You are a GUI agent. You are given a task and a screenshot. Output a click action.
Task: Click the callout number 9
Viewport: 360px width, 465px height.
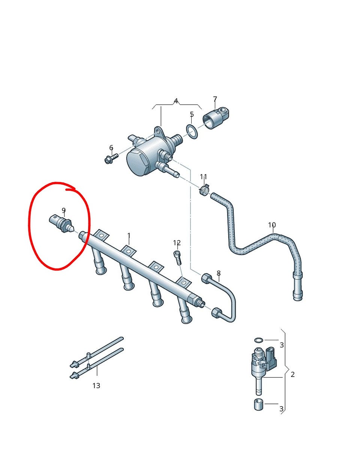tap(64, 210)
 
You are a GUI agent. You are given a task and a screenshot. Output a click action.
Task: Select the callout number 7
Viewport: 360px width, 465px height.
tap(215, 99)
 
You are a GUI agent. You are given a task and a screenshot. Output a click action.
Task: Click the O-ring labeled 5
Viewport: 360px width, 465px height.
tap(192, 131)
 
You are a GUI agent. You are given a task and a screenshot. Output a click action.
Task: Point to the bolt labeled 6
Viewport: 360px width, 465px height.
tap(111, 158)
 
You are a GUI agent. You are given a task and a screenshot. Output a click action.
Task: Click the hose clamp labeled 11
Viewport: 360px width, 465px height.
tap(204, 189)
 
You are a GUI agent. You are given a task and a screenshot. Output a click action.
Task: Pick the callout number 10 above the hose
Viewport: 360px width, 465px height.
tap(272, 225)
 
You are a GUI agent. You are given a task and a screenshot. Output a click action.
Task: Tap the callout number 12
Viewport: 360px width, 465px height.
tap(177, 243)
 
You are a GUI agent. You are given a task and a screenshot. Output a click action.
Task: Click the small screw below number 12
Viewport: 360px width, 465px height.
tap(177, 258)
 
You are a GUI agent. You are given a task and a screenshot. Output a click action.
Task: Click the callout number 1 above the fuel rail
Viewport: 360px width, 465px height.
tap(129, 236)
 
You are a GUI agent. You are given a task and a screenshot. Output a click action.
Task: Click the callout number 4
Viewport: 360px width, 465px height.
tap(176, 101)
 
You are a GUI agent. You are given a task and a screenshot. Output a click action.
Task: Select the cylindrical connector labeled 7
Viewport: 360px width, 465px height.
tap(216, 118)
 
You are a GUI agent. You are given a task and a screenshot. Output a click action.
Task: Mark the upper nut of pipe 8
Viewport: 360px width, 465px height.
tap(207, 278)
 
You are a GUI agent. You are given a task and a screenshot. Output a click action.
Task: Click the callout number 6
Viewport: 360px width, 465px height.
tap(111, 148)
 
